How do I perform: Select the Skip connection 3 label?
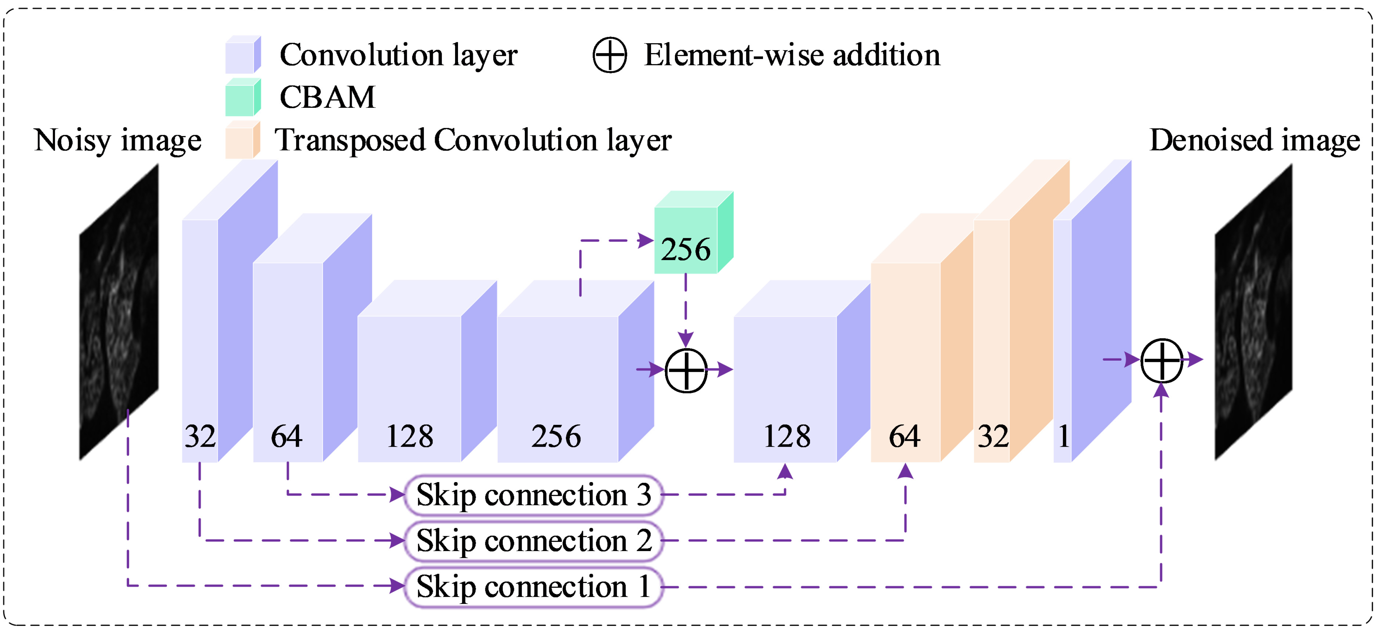(x=533, y=494)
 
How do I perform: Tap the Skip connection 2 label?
(x=533, y=541)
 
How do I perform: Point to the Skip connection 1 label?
(x=533, y=587)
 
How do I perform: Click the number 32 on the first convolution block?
(x=200, y=436)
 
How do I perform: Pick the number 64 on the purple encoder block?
(x=287, y=436)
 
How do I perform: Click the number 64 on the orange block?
(x=904, y=436)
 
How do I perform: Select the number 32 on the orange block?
(x=993, y=436)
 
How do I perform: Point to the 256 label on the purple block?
(x=556, y=436)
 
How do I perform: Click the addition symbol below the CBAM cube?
(x=686, y=370)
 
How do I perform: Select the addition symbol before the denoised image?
(x=1162, y=361)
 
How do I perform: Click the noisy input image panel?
(x=119, y=312)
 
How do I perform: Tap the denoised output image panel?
(x=1253, y=312)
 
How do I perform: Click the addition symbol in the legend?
(x=610, y=55)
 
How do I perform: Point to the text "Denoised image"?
(x=1255, y=140)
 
